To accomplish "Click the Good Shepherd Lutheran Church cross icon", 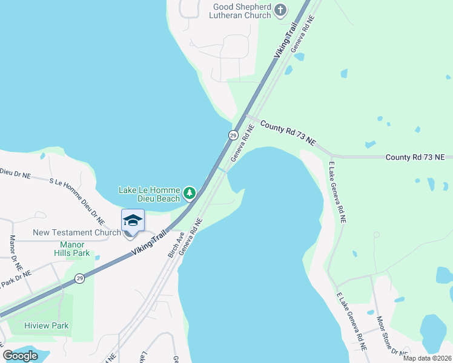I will tap(279, 10).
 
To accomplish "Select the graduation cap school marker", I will tap(133, 220).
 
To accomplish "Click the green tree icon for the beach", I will tap(190, 193).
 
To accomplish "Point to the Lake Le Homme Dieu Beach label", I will tap(150, 194).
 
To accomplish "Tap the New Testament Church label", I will tap(76, 232).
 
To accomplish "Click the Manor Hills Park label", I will tap(71, 249).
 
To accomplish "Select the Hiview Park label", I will tap(46, 325).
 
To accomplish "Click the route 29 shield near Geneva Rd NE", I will tap(233, 135).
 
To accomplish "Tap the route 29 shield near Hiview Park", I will tap(79, 278).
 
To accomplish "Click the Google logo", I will tap(21, 355).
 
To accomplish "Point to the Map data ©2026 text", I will tap(426, 358).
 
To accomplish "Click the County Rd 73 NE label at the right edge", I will tap(415, 157).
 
